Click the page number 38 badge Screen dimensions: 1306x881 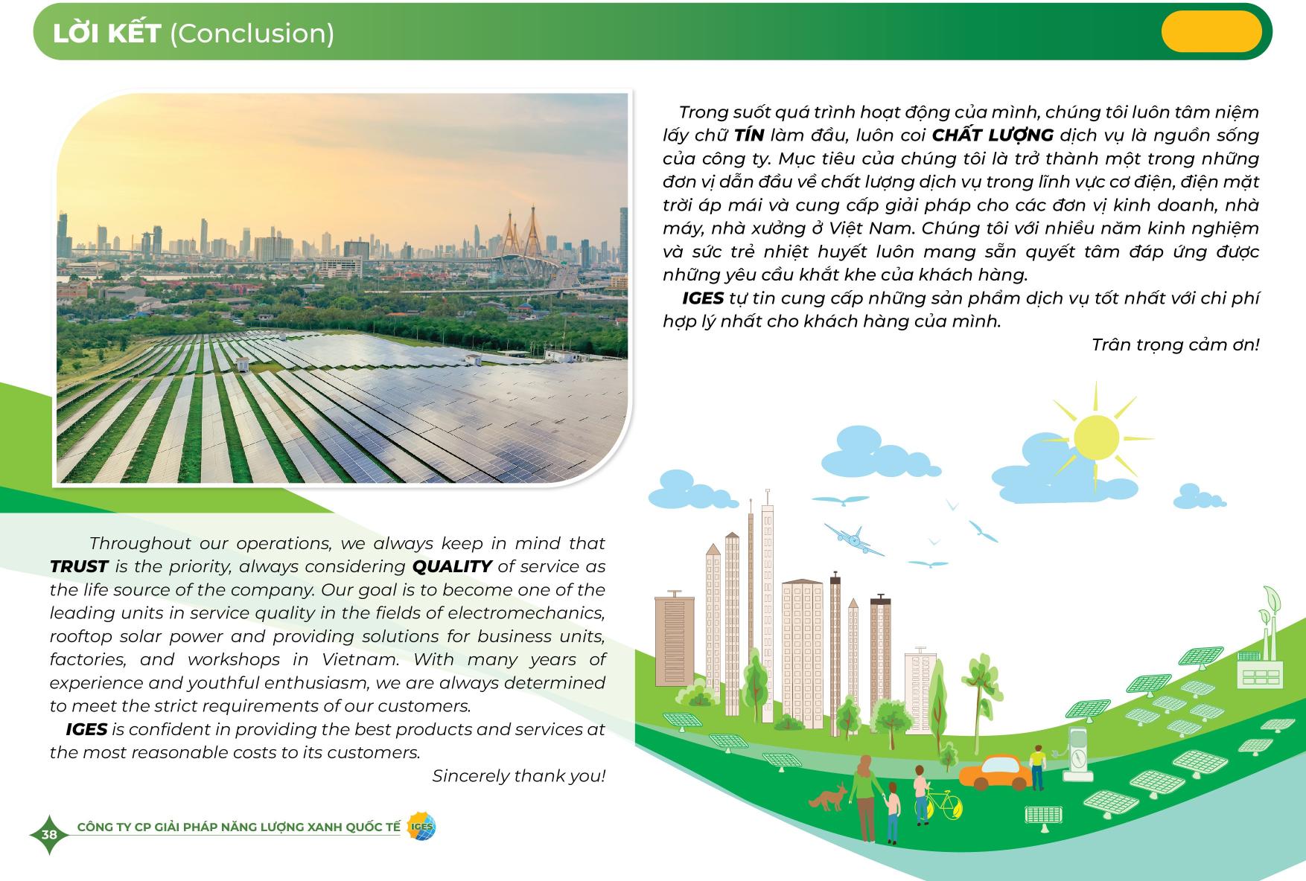point(49,834)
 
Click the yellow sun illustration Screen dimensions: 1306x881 point(1096,438)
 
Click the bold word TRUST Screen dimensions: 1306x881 point(79,566)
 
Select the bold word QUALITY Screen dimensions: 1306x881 point(452,566)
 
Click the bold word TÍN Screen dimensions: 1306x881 point(749,135)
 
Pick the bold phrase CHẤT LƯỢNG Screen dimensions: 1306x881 point(993,135)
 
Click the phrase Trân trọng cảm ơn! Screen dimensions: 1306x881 point(1175,345)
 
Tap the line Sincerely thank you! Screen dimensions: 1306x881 point(519,776)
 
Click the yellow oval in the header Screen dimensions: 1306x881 point(1211,31)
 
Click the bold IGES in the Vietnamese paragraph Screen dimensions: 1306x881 point(703,298)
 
